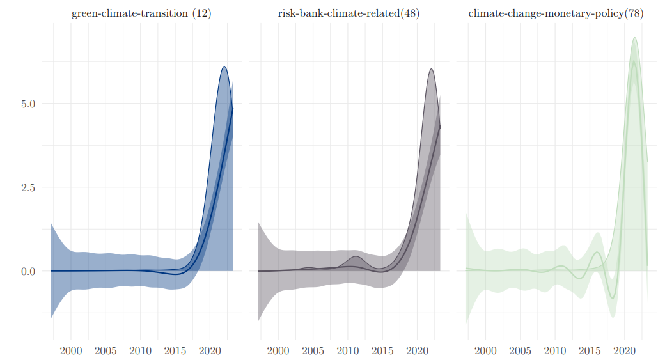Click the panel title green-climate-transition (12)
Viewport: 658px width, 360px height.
click(141, 13)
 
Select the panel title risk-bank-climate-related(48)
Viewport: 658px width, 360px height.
click(349, 13)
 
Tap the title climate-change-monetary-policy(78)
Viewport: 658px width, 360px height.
click(556, 13)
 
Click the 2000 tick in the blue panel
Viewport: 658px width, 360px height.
click(71, 350)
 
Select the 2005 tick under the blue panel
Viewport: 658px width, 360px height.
click(106, 350)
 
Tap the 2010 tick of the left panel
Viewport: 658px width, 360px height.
click(141, 350)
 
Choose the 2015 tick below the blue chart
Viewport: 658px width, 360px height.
click(175, 350)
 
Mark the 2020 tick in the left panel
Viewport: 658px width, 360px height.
click(210, 350)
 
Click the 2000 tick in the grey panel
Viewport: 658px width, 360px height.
click(278, 350)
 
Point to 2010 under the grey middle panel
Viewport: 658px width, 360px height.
click(348, 350)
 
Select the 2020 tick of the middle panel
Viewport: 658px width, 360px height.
click(417, 350)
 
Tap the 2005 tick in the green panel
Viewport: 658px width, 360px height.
click(521, 350)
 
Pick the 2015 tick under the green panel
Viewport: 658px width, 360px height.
click(590, 350)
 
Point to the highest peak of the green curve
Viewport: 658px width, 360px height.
click(634, 61)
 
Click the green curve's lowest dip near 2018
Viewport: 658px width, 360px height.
click(613, 298)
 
